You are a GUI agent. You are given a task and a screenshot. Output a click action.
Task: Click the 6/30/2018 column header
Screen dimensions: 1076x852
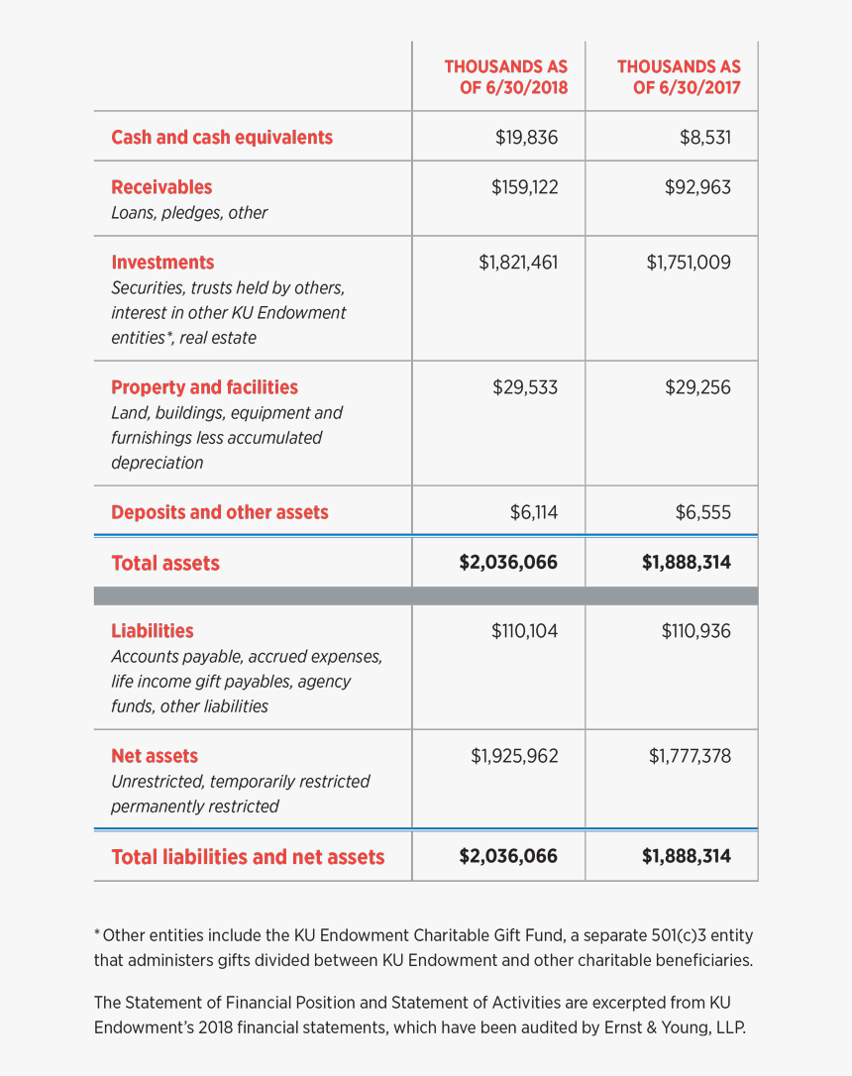tap(505, 76)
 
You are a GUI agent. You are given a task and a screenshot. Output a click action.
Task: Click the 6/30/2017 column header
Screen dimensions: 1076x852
tap(679, 76)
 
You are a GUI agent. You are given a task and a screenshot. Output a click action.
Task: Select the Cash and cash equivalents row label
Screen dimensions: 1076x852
tap(222, 137)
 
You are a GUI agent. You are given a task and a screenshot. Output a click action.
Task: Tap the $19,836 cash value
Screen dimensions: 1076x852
tap(526, 137)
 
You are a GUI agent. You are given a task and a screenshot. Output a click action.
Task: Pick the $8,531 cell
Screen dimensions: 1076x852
tap(704, 137)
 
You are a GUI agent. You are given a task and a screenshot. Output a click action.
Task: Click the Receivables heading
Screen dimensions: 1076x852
tap(161, 186)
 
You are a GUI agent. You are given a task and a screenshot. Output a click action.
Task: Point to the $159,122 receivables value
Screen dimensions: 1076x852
tap(524, 186)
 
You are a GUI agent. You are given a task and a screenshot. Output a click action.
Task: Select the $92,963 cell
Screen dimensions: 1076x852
tap(697, 186)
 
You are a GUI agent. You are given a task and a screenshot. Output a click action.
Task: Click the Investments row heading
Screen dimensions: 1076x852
tap(162, 262)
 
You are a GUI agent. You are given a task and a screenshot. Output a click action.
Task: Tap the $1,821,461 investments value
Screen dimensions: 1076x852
tap(518, 262)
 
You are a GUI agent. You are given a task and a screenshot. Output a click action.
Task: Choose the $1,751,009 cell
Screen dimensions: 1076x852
tap(689, 262)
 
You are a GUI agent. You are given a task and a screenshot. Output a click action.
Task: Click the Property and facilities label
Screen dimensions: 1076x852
tap(204, 386)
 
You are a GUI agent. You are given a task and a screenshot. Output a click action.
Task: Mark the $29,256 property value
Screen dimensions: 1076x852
tap(697, 386)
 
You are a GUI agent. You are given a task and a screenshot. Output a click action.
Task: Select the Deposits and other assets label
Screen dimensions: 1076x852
tap(219, 511)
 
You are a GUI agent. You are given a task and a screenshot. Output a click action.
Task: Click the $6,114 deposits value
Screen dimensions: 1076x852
tap(533, 511)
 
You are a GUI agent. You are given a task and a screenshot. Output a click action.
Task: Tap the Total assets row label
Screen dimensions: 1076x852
tap(165, 562)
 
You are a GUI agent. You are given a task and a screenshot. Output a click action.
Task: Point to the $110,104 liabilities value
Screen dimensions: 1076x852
tap(524, 630)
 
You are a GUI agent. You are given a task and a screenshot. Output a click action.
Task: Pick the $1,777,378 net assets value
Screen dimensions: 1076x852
tap(690, 755)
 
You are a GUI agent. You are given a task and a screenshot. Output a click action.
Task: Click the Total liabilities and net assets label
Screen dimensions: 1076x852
tap(248, 856)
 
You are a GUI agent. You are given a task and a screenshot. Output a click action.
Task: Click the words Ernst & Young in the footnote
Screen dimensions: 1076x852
tap(653, 1027)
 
